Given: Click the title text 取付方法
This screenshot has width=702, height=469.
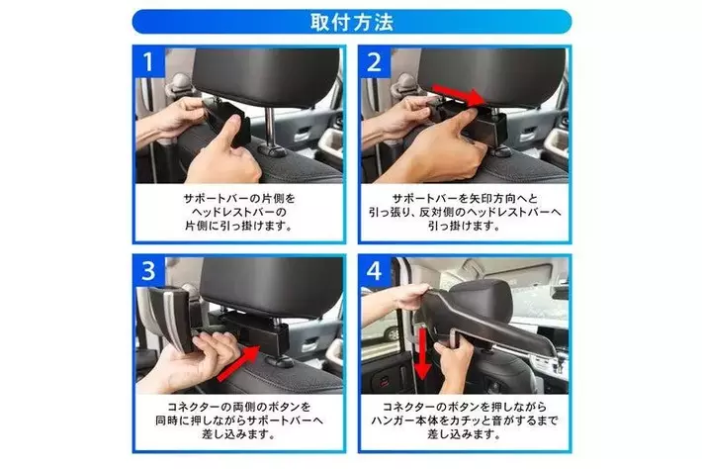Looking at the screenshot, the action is pos(352,22).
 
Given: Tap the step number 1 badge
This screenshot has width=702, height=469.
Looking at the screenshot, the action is pos(148,62).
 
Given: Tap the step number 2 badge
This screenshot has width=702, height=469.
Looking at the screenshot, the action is pos(375,62).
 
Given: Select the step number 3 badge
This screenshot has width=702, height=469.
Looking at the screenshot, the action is pos(148,270).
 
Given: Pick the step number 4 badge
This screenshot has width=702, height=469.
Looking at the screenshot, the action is pos(375,270).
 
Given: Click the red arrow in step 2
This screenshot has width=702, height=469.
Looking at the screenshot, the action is pos(460,94).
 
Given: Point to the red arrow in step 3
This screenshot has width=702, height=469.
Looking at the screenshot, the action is pos(238,363).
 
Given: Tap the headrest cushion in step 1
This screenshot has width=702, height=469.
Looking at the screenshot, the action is pos(266,75).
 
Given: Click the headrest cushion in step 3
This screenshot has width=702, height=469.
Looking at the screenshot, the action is pos(272,287).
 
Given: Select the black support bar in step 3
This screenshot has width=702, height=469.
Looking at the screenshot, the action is pos(254,331).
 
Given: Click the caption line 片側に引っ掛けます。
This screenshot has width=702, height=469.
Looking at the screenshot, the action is pos(239,226).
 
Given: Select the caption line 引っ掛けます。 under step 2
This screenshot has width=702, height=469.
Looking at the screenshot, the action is pos(465,226).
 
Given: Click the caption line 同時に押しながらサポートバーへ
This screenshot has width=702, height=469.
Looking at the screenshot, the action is pos(239,421).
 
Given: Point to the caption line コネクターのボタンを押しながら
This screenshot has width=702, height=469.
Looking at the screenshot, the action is pos(465,407).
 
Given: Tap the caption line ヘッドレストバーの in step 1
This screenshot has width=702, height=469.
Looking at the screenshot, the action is pos(239,212).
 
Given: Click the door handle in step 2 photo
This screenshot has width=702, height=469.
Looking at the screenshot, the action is pos(528,134).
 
